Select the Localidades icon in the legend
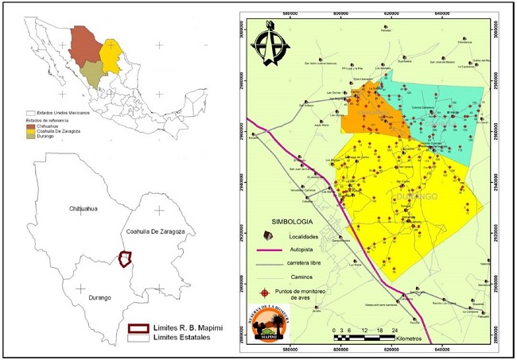[x=269, y=236]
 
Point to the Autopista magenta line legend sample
[x=269, y=250]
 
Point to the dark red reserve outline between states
[x=123, y=260]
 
